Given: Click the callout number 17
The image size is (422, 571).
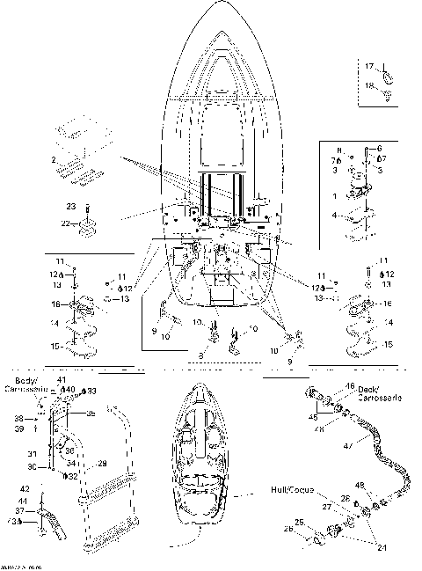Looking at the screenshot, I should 370,66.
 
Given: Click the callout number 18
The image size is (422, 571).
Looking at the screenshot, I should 370,85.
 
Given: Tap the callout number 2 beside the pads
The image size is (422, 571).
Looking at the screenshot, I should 54,160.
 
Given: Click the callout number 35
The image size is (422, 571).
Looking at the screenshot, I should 90,413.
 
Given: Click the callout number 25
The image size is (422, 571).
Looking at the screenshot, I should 299,523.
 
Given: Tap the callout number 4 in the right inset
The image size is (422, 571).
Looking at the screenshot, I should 334,214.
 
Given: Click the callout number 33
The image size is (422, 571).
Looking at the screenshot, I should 91,390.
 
